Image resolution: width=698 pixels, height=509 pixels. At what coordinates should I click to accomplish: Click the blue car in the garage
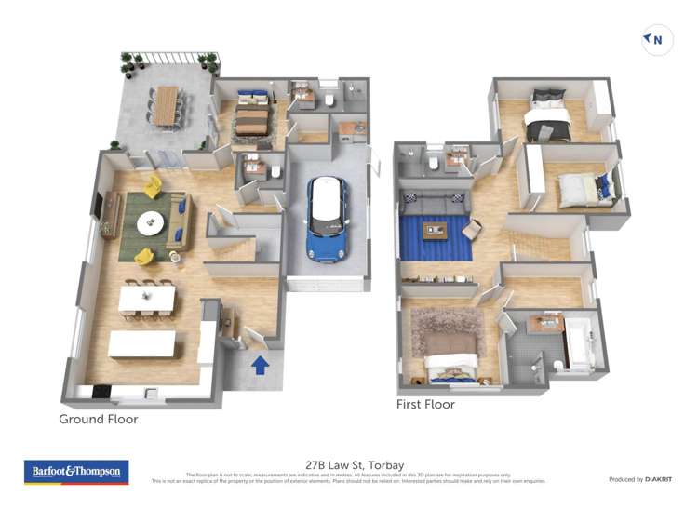tap(327, 216)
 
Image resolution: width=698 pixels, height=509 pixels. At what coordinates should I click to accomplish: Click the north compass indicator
tap(658, 40)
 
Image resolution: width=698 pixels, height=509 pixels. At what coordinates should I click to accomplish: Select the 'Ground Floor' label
tap(99, 420)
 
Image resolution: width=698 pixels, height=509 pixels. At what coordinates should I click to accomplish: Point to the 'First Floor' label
tap(424, 405)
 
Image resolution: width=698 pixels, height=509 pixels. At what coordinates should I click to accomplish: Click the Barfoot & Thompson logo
tap(77, 473)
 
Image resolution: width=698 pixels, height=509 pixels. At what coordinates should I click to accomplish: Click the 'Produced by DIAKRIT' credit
tap(639, 479)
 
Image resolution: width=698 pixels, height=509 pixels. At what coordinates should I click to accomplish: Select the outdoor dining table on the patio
tap(167, 104)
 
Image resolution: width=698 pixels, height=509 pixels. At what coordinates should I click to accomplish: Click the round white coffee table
tap(150, 223)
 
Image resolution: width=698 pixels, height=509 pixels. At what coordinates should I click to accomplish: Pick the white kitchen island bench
tap(141, 344)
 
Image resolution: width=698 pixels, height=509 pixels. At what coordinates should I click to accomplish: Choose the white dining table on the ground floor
tap(147, 298)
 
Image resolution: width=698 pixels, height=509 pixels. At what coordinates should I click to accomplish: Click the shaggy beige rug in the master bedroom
tap(447, 330)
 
